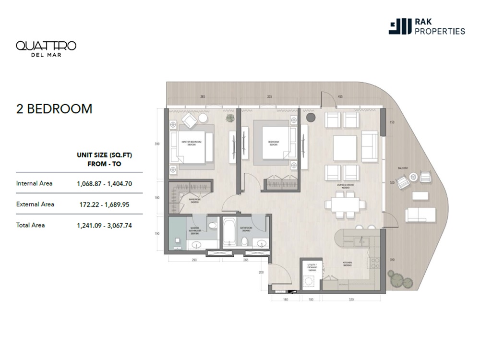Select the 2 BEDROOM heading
pyautogui.click(x=54, y=109)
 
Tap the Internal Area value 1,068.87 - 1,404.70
pyautogui.click(x=104, y=183)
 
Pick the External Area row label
pyautogui.click(x=35, y=204)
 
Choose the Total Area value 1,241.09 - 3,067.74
pyautogui.click(x=104, y=225)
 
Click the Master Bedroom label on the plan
pyautogui.click(x=191, y=144)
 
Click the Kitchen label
pyautogui.click(x=348, y=264)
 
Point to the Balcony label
pyautogui.click(x=403, y=168)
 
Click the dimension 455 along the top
pyautogui.click(x=340, y=96)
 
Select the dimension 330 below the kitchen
pyautogui.click(x=351, y=300)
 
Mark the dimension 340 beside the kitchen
pyautogui.click(x=392, y=260)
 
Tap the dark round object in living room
pyautogui.click(x=310, y=117)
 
